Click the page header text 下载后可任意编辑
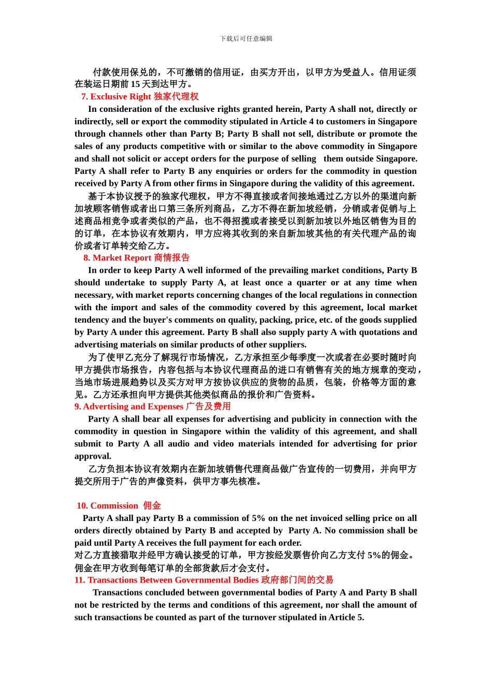246,39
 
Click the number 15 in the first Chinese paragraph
135,84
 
